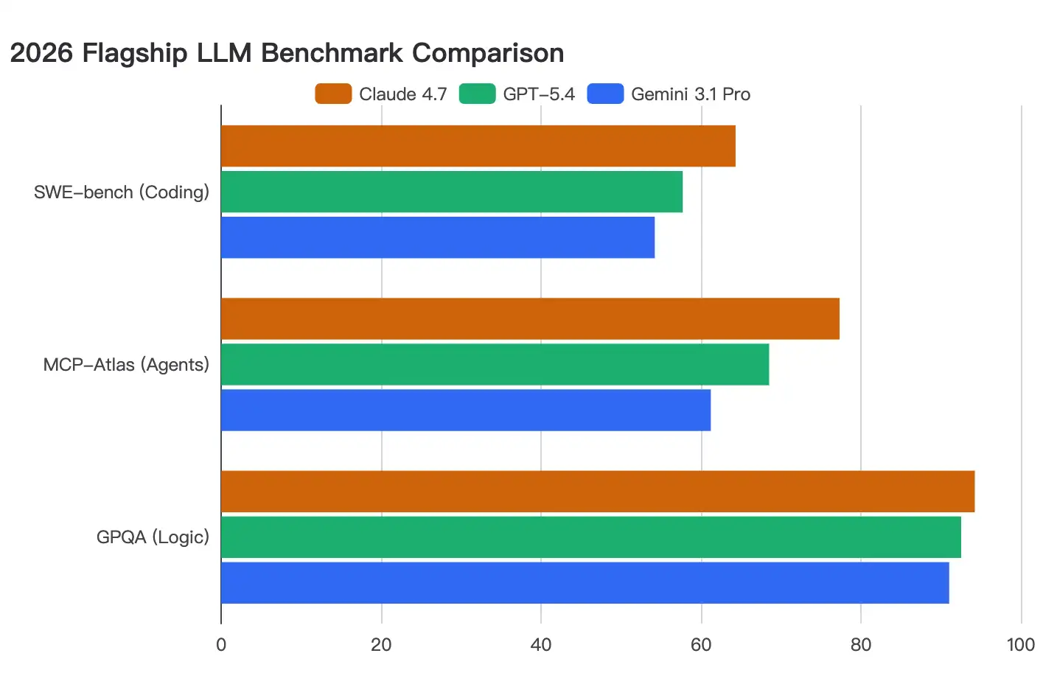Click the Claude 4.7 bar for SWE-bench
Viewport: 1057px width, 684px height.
[x=478, y=146]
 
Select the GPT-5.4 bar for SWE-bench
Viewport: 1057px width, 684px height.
[x=451, y=192]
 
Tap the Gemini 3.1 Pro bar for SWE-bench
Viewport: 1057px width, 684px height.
[x=437, y=237]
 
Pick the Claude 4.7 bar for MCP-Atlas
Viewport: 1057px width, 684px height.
[x=530, y=318]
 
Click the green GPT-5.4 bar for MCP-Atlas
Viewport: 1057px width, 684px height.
[x=495, y=364]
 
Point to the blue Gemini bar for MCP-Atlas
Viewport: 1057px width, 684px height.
[x=465, y=410]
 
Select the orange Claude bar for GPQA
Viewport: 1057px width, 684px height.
[x=597, y=492]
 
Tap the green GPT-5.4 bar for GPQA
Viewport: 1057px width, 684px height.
[x=590, y=537]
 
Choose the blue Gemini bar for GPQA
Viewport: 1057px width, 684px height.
[x=585, y=583]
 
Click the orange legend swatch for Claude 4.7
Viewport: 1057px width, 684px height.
[x=333, y=94]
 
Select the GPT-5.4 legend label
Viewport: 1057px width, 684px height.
[x=539, y=94]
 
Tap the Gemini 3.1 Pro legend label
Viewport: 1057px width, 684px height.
[x=691, y=94]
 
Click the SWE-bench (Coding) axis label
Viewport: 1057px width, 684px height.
[x=122, y=192]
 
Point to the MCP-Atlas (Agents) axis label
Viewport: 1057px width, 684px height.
[x=126, y=365]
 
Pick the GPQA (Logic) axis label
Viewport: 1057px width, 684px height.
[x=153, y=537]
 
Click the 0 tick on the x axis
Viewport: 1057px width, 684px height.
[x=221, y=645]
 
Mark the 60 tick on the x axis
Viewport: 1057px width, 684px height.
[x=701, y=645]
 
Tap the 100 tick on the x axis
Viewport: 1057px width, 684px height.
[x=1020, y=645]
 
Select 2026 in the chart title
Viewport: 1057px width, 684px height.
[x=41, y=53]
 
